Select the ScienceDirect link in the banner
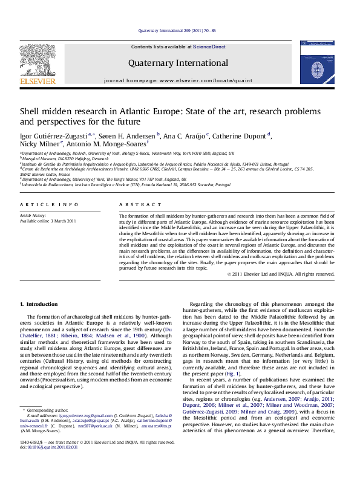(x=210, y=46)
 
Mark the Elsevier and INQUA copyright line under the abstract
(x=287, y=274)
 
